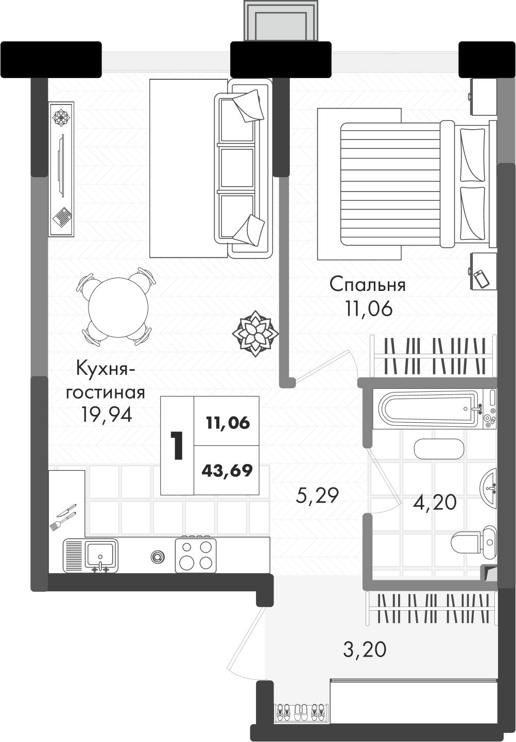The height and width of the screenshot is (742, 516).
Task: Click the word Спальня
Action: (x=367, y=285)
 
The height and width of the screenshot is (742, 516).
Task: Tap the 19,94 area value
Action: (x=107, y=414)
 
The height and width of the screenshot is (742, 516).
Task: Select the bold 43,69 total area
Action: (x=227, y=470)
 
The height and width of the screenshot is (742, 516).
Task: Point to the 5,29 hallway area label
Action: (x=317, y=495)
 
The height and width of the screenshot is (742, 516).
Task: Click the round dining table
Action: (x=118, y=307)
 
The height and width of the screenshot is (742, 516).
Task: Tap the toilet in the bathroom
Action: (x=474, y=542)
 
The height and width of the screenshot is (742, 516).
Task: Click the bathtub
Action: (x=434, y=409)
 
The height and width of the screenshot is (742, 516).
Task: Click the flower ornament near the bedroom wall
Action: (x=255, y=333)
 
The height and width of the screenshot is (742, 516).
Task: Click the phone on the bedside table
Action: (x=482, y=279)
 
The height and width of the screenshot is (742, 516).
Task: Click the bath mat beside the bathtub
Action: (x=439, y=449)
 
